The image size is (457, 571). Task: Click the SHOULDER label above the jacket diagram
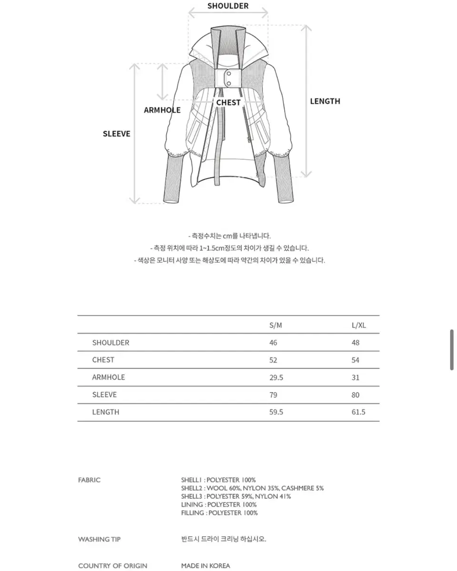click(x=228, y=6)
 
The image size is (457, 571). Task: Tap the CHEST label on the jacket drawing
click(x=228, y=102)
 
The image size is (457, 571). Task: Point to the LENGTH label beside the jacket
click(x=325, y=101)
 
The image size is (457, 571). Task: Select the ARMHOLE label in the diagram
click(x=162, y=110)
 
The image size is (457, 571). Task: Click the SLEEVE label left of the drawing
click(x=116, y=134)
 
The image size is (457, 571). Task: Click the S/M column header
click(x=276, y=326)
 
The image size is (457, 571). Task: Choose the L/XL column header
click(x=358, y=326)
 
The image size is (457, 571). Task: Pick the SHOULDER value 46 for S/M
click(x=273, y=343)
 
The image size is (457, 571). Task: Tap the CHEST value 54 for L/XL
click(x=356, y=360)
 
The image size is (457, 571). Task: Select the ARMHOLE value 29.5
click(x=276, y=377)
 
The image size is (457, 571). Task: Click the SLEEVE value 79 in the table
click(x=273, y=395)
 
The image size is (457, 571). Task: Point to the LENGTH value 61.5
click(x=358, y=412)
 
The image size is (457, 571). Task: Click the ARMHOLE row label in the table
click(x=109, y=377)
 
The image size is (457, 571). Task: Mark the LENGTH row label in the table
click(x=106, y=412)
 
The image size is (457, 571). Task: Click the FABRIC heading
click(x=89, y=480)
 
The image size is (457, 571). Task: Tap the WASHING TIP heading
click(x=99, y=540)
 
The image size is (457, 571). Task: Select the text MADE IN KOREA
click(x=206, y=566)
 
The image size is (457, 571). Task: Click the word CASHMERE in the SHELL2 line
click(x=298, y=488)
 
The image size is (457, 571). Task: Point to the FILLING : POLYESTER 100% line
click(x=219, y=513)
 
